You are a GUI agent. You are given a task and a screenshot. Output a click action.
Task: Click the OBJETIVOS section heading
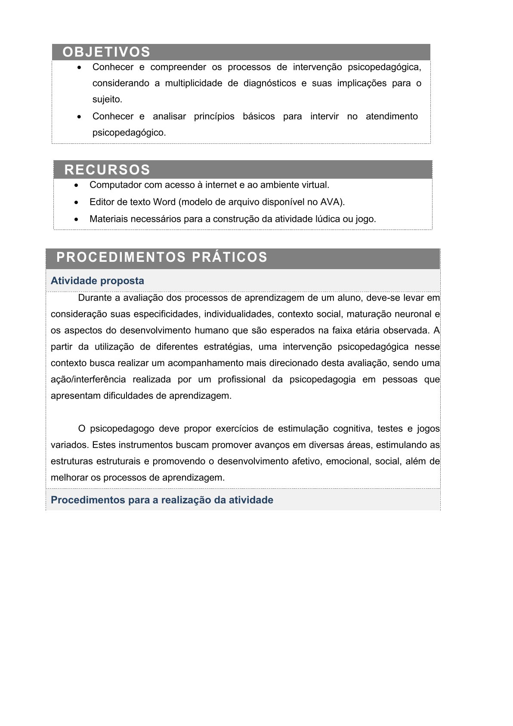pos(106,52)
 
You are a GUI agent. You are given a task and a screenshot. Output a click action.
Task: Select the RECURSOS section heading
pos(107,170)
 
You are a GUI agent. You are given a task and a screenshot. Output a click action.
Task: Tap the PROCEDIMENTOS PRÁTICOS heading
pos(162,257)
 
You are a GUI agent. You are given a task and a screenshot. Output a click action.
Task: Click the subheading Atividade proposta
pos(97,281)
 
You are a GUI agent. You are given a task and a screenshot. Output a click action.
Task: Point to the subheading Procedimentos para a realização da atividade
pos(162,500)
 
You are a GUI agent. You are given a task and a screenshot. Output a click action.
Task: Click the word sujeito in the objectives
pos(107,99)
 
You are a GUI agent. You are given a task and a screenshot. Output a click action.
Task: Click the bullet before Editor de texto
pos(76,202)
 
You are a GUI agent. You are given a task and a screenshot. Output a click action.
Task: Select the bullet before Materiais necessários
pos(76,220)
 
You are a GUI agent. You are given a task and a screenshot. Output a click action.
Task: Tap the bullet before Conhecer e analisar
pos(79,117)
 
